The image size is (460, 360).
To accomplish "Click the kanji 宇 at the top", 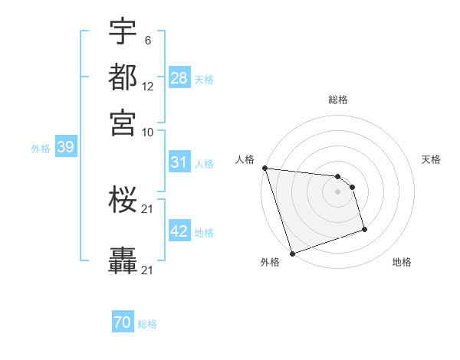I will (123, 31).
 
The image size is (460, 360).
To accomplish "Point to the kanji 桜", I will (123, 201).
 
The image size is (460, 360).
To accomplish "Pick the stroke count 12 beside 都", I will (148, 86).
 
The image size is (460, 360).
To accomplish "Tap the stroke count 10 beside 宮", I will (148, 131).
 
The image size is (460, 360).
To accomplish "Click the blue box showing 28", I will (179, 77).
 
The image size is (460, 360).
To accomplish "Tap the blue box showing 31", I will (179, 162).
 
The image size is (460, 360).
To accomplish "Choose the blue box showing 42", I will (179, 231).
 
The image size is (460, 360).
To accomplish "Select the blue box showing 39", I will (65, 148).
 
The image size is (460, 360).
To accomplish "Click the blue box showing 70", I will (123, 323).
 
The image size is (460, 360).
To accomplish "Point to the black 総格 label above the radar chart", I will (338, 100).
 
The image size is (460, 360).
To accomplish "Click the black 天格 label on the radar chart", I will (431, 159).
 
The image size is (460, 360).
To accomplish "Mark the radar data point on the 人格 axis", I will (264, 168).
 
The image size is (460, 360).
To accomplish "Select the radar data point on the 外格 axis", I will (292, 253).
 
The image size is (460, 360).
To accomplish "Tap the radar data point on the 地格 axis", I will (364, 229).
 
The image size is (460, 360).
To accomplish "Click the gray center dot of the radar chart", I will (337, 191).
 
